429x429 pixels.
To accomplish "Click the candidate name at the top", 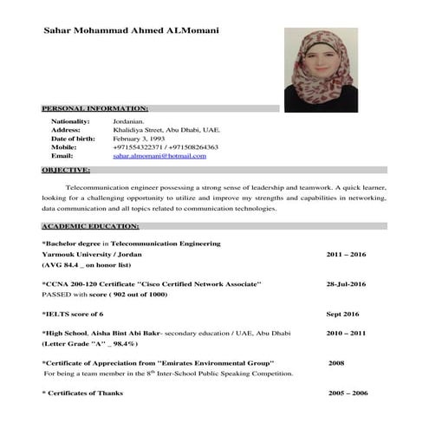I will pos(131,30).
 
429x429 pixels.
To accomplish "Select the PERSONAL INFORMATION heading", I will pos(95,108).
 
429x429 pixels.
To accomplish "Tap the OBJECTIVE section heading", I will pos(66,171).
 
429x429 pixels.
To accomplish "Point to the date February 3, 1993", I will pos(145,139).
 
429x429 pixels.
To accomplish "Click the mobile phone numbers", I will pos(166,147).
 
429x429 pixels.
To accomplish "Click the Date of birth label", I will pos(73,139).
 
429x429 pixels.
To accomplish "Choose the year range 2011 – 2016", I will pos(347,256).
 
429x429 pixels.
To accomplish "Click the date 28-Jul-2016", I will pos(347,284).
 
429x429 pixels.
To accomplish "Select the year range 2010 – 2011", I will pos(347,333).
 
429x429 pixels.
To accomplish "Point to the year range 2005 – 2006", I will pos(348,393).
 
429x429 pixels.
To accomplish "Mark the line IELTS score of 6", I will pos(74,313).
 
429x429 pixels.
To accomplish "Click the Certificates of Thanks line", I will pos(83,393).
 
